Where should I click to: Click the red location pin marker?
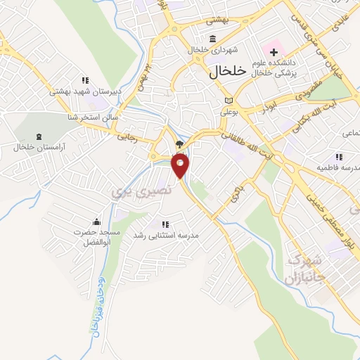pos(181,166)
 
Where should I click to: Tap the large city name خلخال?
pos(229,71)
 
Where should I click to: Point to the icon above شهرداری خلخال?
pos(213,39)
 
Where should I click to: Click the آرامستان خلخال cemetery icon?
pos(38,136)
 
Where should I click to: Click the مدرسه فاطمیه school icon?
pos(338,157)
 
